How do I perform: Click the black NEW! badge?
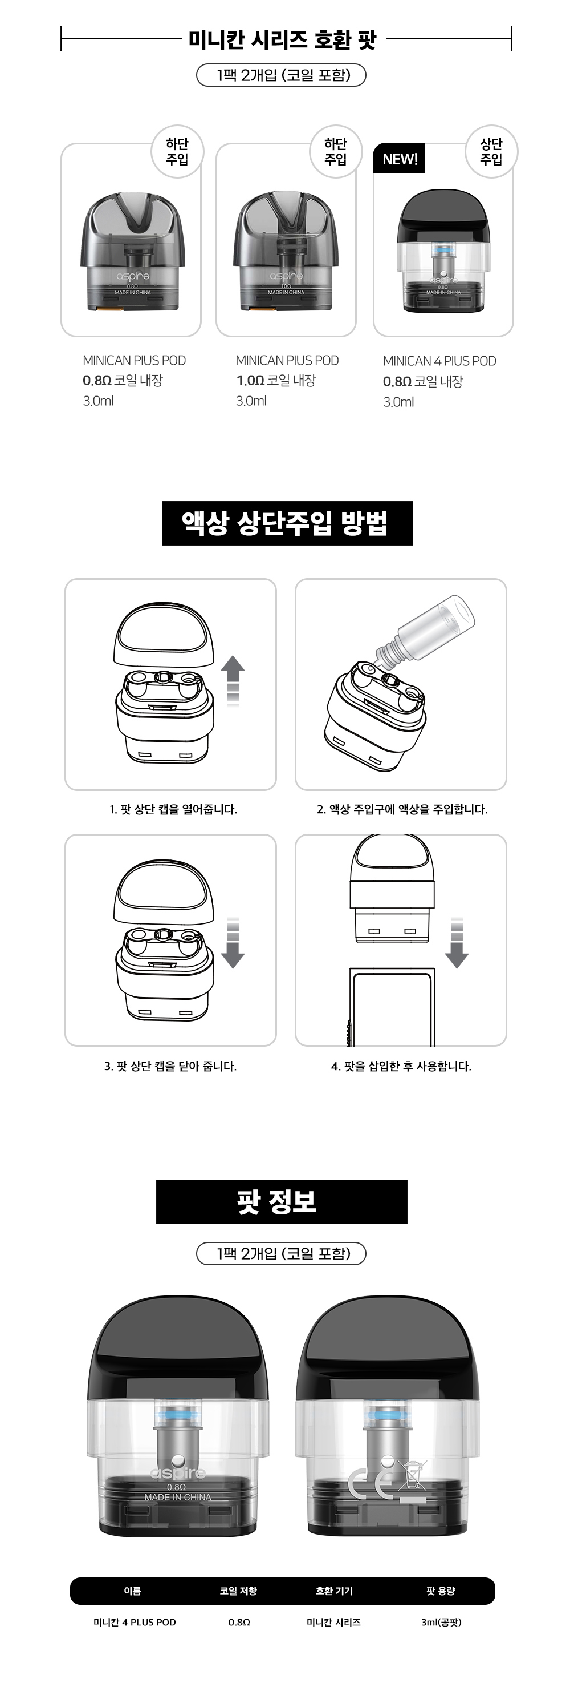pyautogui.click(x=398, y=159)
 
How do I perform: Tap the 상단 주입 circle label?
pyautogui.click(x=491, y=152)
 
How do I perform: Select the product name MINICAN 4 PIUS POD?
pyautogui.click(x=439, y=361)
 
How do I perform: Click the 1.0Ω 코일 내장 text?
pyautogui.click(x=275, y=381)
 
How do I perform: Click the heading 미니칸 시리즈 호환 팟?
pyautogui.click(x=283, y=39)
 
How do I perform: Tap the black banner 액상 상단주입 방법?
pyautogui.click(x=287, y=523)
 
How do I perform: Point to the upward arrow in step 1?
pyautogui.click(x=233, y=681)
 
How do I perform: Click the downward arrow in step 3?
pyautogui.click(x=233, y=943)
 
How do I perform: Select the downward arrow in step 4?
pyautogui.click(x=457, y=943)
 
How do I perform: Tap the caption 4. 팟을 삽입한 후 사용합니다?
pyautogui.click(x=401, y=1066)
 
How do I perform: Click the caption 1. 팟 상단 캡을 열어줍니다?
pyautogui.click(x=173, y=809)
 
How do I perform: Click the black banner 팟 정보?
pyautogui.click(x=282, y=1202)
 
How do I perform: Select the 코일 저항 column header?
pyautogui.click(x=238, y=1591)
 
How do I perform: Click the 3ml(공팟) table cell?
pyautogui.click(x=441, y=1622)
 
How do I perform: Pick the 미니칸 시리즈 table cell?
pyautogui.click(x=334, y=1622)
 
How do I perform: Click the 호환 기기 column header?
pyautogui.click(x=334, y=1591)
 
